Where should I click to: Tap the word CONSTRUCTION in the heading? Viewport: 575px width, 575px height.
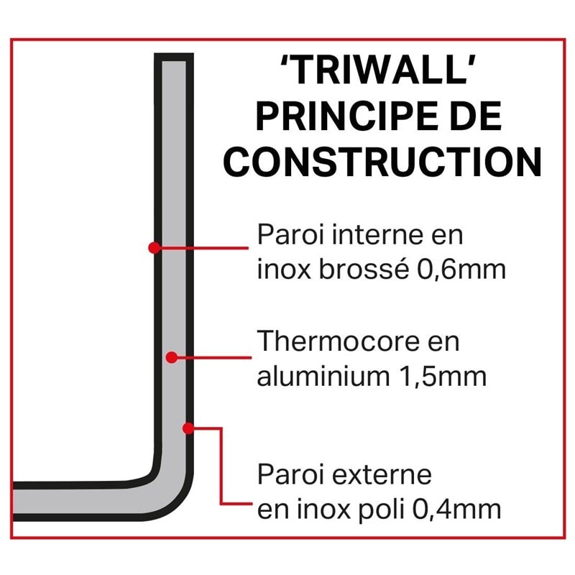click(x=382, y=163)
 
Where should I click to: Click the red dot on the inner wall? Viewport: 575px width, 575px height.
click(x=153, y=247)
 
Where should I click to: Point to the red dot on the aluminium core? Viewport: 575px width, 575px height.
click(x=172, y=356)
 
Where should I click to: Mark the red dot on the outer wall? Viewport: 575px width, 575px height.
click(x=188, y=428)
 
